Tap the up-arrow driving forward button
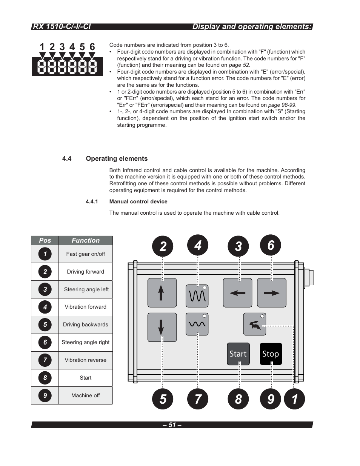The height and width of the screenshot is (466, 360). point(162,293)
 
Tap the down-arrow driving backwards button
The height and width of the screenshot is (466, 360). point(162,327)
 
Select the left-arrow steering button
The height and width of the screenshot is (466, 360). point(237,293)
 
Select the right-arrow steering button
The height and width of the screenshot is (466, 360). point(271,293)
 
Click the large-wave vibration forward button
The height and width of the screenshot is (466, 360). point(197,295)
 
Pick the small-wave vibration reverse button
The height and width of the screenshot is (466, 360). point(197,324)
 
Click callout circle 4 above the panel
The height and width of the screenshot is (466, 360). point(198,246)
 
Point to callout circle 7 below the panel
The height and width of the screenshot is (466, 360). point(198,399)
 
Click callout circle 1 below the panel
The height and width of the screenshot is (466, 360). point(294,399)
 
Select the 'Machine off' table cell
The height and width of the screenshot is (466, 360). point(86,395)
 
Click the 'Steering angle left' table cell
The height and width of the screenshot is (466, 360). point(86,289)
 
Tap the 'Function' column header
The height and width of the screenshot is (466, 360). point(86,240)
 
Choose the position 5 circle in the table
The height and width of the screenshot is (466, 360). point(45,325)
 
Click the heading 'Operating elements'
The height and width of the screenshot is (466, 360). point(117,158)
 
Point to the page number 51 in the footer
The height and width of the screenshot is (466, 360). point(172,425)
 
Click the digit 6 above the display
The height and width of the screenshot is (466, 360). point(92,47)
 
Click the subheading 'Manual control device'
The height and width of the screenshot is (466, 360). point(138,201)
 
